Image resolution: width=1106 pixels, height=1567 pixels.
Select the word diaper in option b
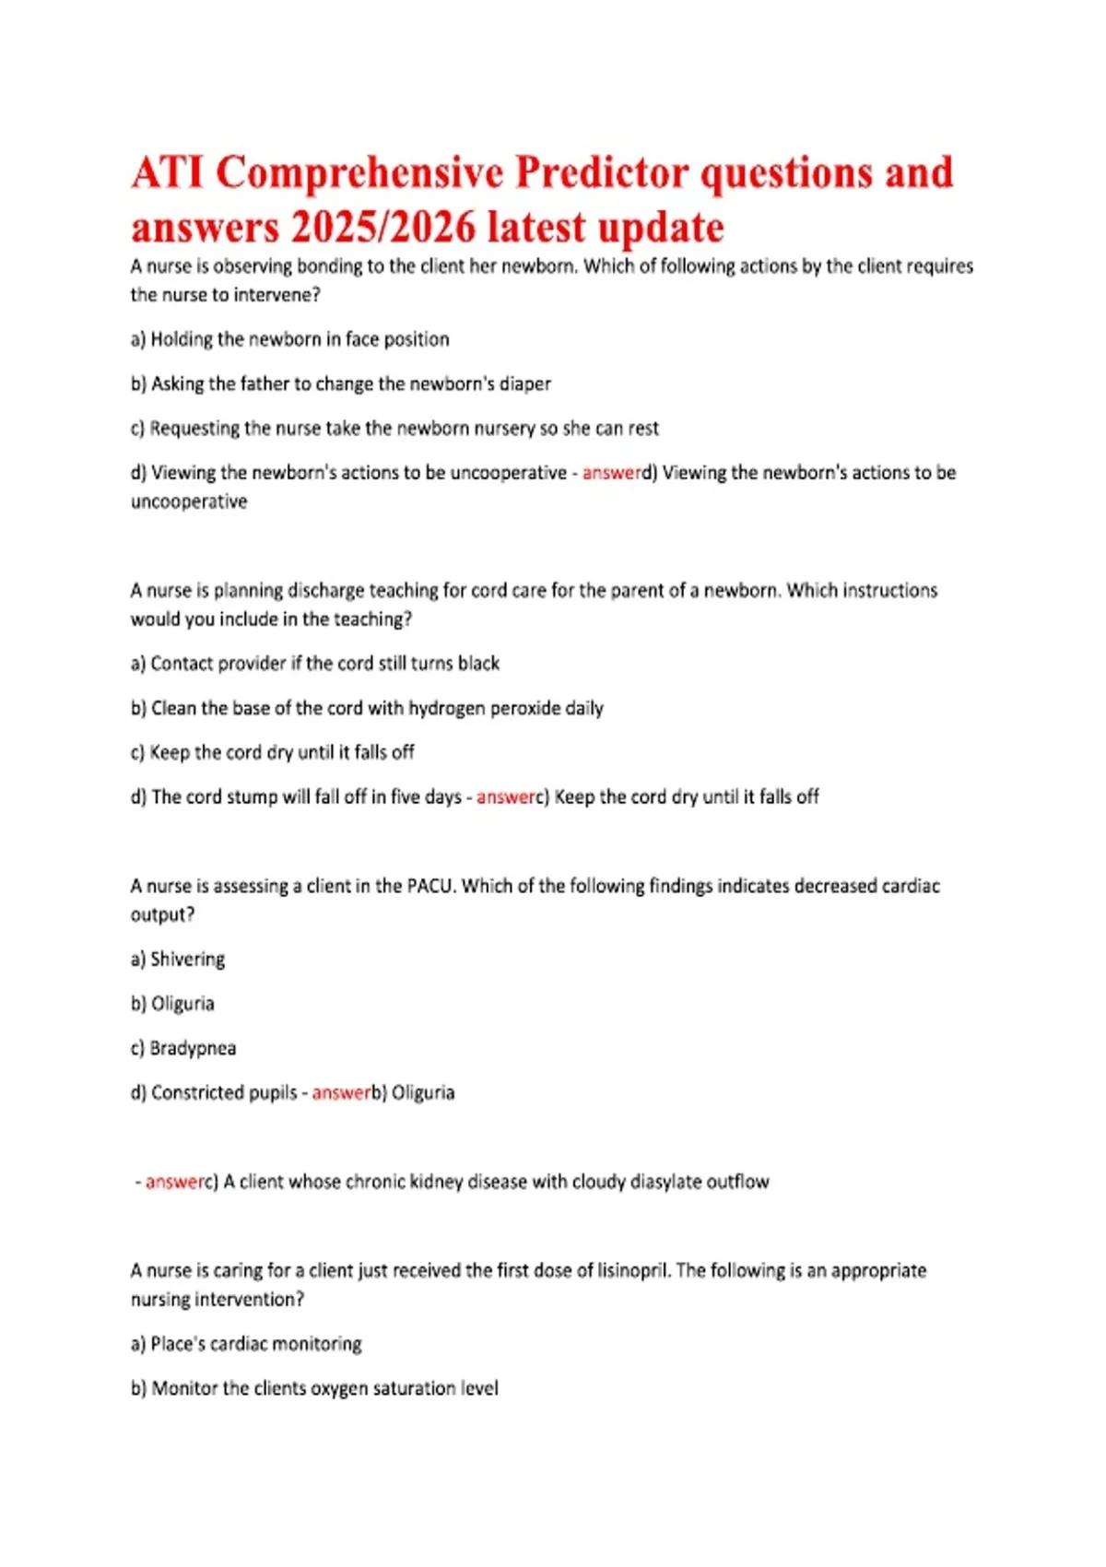pos(524,383)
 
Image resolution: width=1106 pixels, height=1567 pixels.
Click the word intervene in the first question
pos(276,295)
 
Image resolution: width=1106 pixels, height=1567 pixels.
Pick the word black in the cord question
pos(477,664)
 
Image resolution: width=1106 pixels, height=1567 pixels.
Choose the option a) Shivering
pos(178,960)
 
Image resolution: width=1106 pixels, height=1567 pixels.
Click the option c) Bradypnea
pos(183,1049)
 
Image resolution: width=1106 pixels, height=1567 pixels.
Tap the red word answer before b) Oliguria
pos(341,1093)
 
